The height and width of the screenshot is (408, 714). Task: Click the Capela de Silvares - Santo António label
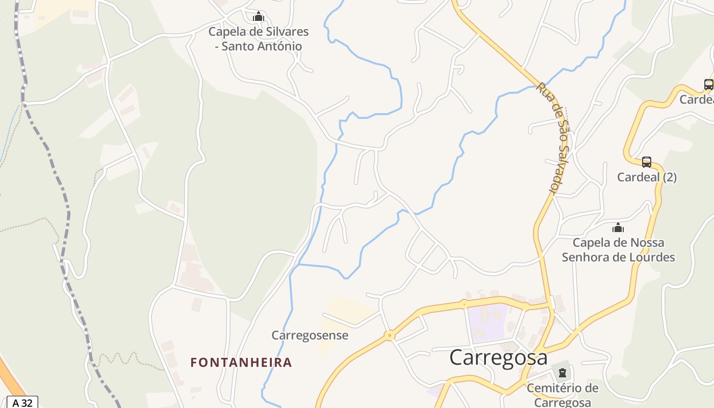259,39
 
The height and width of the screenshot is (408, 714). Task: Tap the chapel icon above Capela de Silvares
259,17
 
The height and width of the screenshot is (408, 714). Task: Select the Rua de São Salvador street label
553,138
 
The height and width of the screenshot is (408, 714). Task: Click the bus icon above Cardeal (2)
647,162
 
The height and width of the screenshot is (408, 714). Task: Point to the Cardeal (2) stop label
647,177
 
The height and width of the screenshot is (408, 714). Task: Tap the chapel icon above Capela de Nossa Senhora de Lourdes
618,227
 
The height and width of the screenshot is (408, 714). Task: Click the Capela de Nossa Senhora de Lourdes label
618,250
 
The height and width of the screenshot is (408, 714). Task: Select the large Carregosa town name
498,358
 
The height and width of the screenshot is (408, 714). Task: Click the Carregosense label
310,336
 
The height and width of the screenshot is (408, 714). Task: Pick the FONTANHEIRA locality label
241,363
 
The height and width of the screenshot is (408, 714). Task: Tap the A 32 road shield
22,403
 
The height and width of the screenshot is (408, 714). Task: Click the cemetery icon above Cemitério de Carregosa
562,373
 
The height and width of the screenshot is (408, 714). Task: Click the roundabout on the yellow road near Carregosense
390,335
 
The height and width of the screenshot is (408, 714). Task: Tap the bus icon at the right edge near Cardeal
708,85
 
